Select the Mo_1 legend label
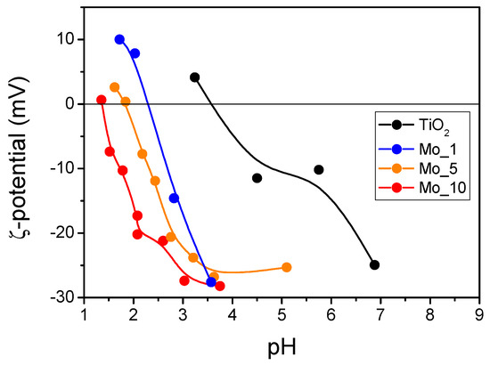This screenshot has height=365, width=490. coord(437,150)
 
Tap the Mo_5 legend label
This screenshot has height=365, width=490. coord(438,169)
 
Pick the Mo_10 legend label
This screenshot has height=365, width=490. coord(443,188)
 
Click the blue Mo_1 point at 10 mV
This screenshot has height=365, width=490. coord(119,40)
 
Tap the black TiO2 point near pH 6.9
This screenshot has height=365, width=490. coord(374,265)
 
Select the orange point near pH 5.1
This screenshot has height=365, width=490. coord(287,267)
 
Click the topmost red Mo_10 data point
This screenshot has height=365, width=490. coord(102,100)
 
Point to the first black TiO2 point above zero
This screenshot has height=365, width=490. coord(195,77)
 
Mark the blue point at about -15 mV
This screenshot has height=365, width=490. coord(174,198)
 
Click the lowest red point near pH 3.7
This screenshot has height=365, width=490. coord(220,286)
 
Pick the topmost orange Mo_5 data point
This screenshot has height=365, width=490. coord(115,87)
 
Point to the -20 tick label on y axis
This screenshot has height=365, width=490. coord(64,233)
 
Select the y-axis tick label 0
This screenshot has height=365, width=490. coord(73,104)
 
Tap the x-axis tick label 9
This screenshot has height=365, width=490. coord(479,314)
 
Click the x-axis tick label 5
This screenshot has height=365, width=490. coord(282,314)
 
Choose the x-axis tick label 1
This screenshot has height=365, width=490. coord(84,314)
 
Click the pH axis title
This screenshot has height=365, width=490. coord(282,347)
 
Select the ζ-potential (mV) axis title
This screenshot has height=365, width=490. coord(20,158)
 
